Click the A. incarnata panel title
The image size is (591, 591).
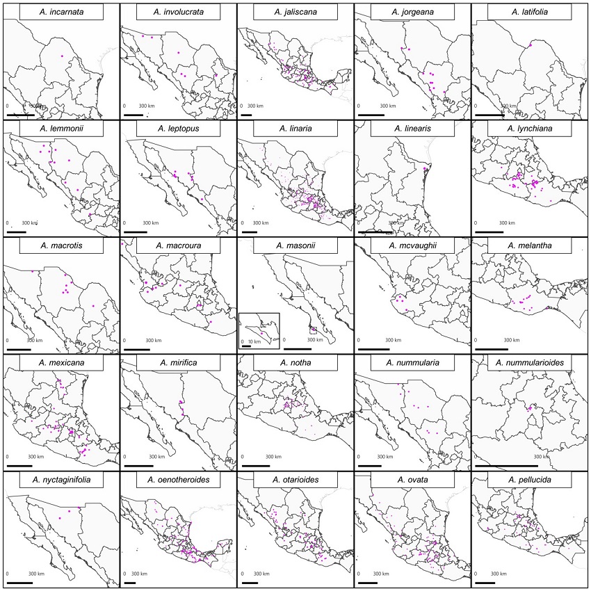[61, 12]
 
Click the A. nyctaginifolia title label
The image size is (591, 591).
[61, 480]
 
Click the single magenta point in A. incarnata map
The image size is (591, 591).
[62, 56]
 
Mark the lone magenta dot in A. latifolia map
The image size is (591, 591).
[530, 46]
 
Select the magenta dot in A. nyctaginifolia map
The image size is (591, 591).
[80, 509]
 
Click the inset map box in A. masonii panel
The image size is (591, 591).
[259, 330]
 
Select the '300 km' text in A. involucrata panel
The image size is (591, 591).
[147, 106]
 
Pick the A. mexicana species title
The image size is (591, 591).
[61, 363]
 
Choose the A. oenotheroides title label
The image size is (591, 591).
[178, 480]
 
